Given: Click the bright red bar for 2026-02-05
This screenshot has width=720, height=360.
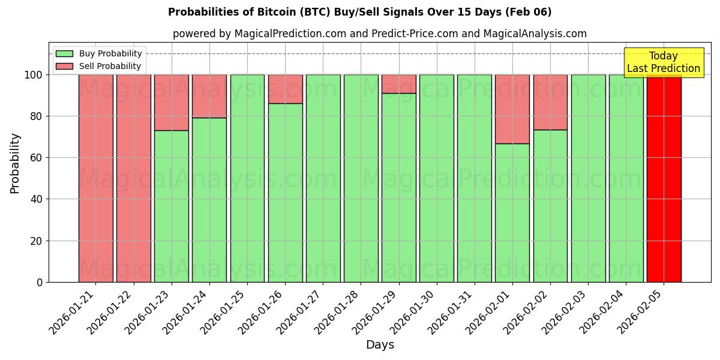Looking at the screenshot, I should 664,180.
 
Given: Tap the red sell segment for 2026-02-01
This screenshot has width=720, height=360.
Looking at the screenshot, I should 512,109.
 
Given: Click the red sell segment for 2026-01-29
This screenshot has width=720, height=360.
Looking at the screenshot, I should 398,83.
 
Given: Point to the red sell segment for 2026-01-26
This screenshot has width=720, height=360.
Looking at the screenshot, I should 285,89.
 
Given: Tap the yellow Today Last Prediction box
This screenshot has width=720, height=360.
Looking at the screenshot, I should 663,62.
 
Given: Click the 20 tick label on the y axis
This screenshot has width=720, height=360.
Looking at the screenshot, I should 37,241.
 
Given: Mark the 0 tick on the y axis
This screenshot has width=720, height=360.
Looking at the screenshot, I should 40,283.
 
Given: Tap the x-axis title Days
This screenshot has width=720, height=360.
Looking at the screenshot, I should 380,345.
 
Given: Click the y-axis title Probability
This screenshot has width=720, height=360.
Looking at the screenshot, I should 15,163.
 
